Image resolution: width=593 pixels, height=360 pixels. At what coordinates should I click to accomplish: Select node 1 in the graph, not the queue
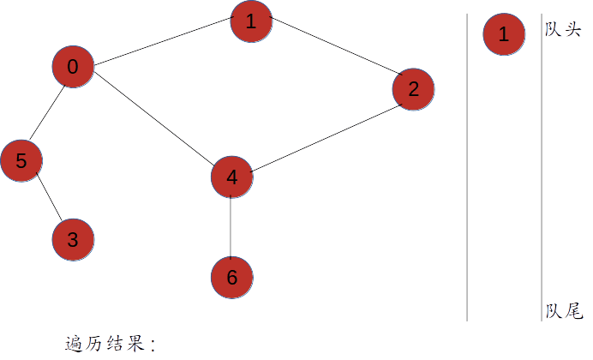251,22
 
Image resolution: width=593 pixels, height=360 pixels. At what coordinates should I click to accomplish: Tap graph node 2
414,88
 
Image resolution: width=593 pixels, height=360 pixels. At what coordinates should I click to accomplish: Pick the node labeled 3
73,240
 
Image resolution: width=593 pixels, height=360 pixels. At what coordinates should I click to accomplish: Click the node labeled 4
232,177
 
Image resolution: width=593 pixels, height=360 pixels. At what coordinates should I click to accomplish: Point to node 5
21,160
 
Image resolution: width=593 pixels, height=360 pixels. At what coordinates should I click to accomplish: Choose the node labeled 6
232,278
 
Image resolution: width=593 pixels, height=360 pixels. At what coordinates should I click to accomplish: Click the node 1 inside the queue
504,35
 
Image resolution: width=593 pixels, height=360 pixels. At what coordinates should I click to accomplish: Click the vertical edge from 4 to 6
232,227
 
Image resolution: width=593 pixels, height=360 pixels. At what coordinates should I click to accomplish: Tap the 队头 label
563,29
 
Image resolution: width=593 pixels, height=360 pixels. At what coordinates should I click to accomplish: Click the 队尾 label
563,310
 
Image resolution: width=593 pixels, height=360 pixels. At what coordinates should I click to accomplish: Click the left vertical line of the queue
467,171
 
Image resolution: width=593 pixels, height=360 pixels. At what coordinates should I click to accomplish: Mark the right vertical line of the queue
541,171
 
